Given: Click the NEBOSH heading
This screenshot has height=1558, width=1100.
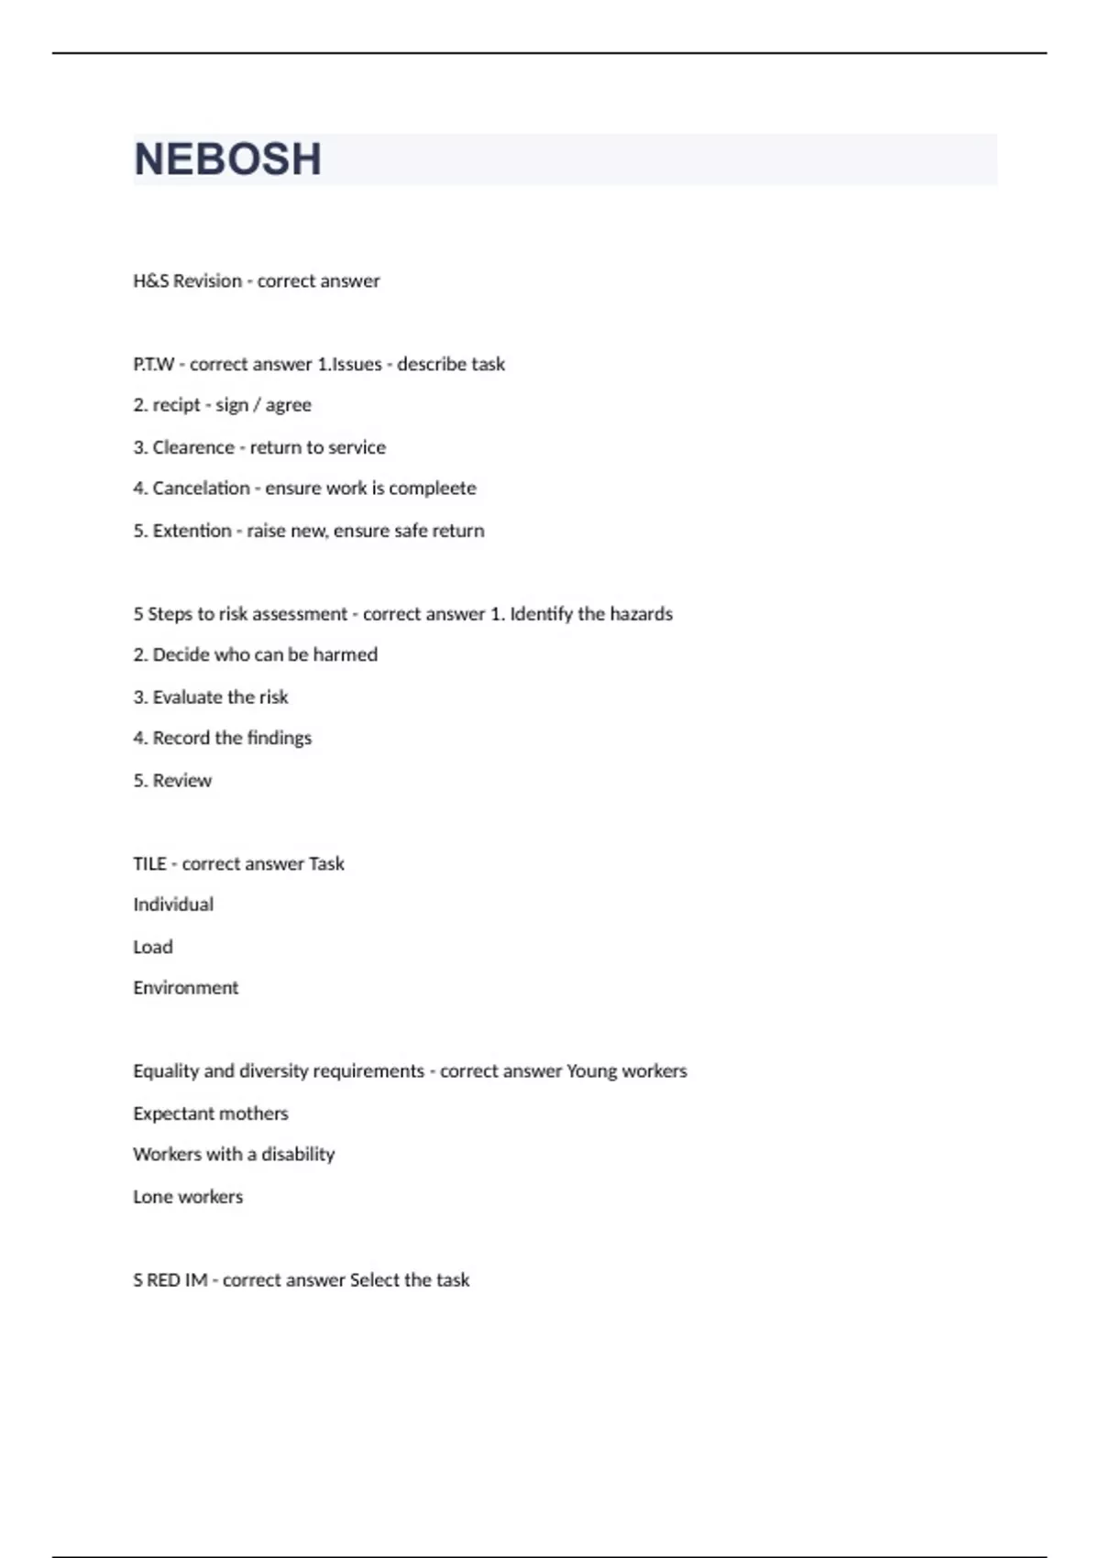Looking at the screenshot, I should click(x=227, y=159).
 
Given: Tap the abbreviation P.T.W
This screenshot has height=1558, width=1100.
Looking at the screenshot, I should click(x=153, y=365).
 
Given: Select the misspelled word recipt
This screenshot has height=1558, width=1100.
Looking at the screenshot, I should click(x=176, y=405).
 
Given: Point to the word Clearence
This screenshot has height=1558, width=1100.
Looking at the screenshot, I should click(x=193, y=447).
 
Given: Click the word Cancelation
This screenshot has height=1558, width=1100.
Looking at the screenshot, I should click(x=201, y=488).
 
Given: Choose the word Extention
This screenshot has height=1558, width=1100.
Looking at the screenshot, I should click(x=192, y=531).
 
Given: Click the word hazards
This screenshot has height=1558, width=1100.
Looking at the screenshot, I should click(x=641, y=614).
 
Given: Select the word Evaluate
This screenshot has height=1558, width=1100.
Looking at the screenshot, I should click(x=186, y=697).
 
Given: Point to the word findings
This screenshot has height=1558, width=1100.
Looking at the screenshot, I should click(x=279, y=738).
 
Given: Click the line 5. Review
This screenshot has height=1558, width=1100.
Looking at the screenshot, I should click(x=172, y=781).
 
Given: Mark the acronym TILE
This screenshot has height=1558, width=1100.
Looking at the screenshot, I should click(x=149, y=864).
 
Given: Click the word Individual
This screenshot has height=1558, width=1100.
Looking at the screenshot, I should click(x=173, y=905).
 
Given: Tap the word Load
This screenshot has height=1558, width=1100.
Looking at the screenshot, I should click(x=152, y=947).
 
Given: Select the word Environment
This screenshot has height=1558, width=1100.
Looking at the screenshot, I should click(x=185, y=988).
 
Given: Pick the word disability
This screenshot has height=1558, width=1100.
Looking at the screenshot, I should click(x=298, y=1155).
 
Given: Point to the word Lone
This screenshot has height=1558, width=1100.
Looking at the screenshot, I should click(x=151, y=1197).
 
